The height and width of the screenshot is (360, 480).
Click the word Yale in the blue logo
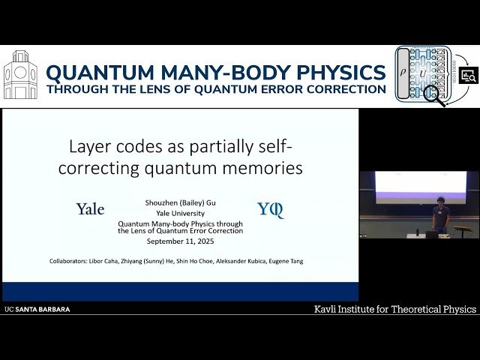90,209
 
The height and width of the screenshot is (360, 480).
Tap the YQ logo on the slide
270,209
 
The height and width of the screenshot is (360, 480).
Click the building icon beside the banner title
20,75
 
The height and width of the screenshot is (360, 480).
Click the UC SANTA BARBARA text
37,309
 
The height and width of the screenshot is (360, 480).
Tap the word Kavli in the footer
328,309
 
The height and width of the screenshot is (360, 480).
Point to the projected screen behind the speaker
420,187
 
